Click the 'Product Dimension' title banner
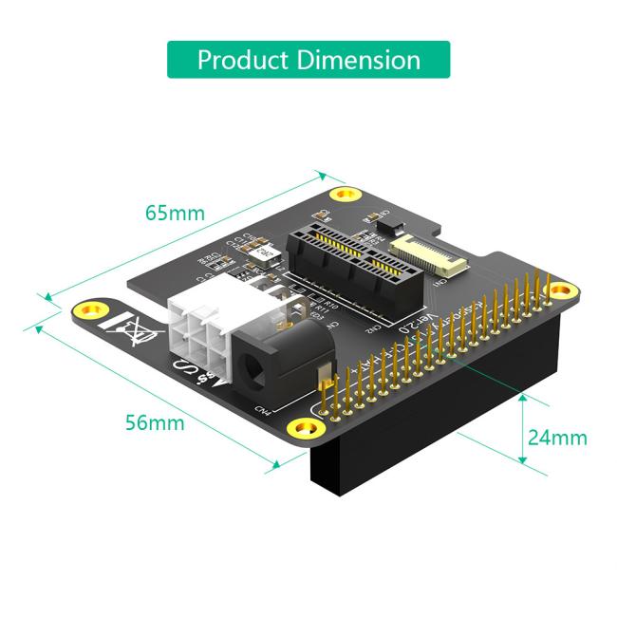(x=308, y=60)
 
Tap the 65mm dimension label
(x=174, y=213)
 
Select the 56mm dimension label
(x=155, y=422)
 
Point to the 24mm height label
(x=557, y=438)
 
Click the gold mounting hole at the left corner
(x=91, y=309)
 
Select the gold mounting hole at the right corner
(x=563, y=291)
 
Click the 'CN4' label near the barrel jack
(x=262, y=409)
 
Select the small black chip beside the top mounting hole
(x=379, y=225)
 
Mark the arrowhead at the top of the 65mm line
(x=324, y=176)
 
